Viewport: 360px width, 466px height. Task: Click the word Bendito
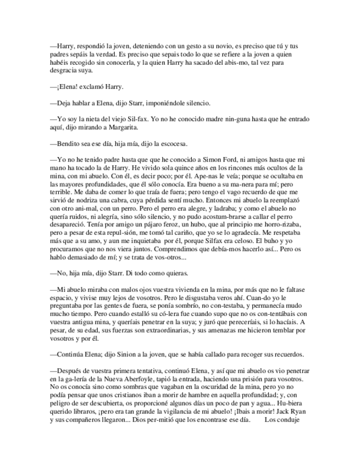pos(67,145)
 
